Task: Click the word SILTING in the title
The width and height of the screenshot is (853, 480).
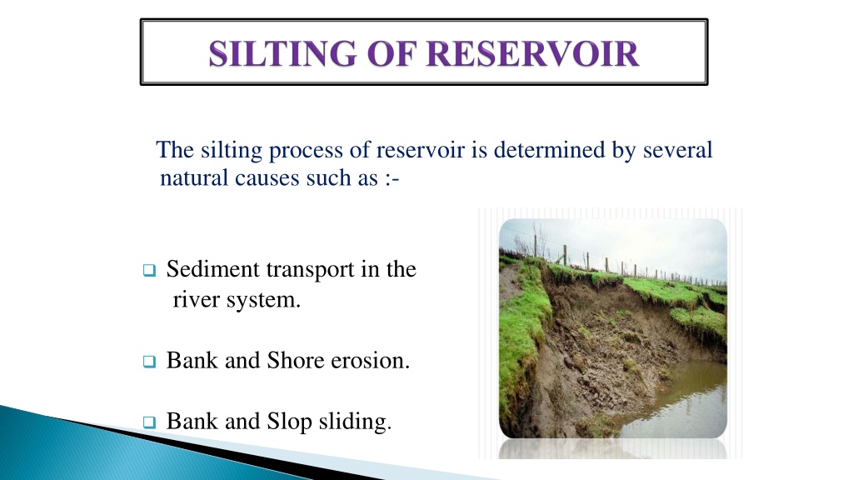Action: [x=282, y=54]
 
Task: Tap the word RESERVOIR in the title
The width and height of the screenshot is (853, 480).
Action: [x=532, y=54]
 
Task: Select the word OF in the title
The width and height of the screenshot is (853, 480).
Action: [x=392, y=54]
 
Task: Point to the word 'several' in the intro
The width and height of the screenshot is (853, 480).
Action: [x=677, y=150]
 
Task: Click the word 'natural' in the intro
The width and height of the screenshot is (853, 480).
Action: [x=193, y=178]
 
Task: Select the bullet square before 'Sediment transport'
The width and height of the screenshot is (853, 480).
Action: [x=149, y=270]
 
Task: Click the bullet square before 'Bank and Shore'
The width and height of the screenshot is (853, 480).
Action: [x=149, y=362]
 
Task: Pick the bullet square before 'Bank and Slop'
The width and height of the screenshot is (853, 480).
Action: [x=149, y=422]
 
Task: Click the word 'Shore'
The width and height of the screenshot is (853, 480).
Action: [x=296, y=360]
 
